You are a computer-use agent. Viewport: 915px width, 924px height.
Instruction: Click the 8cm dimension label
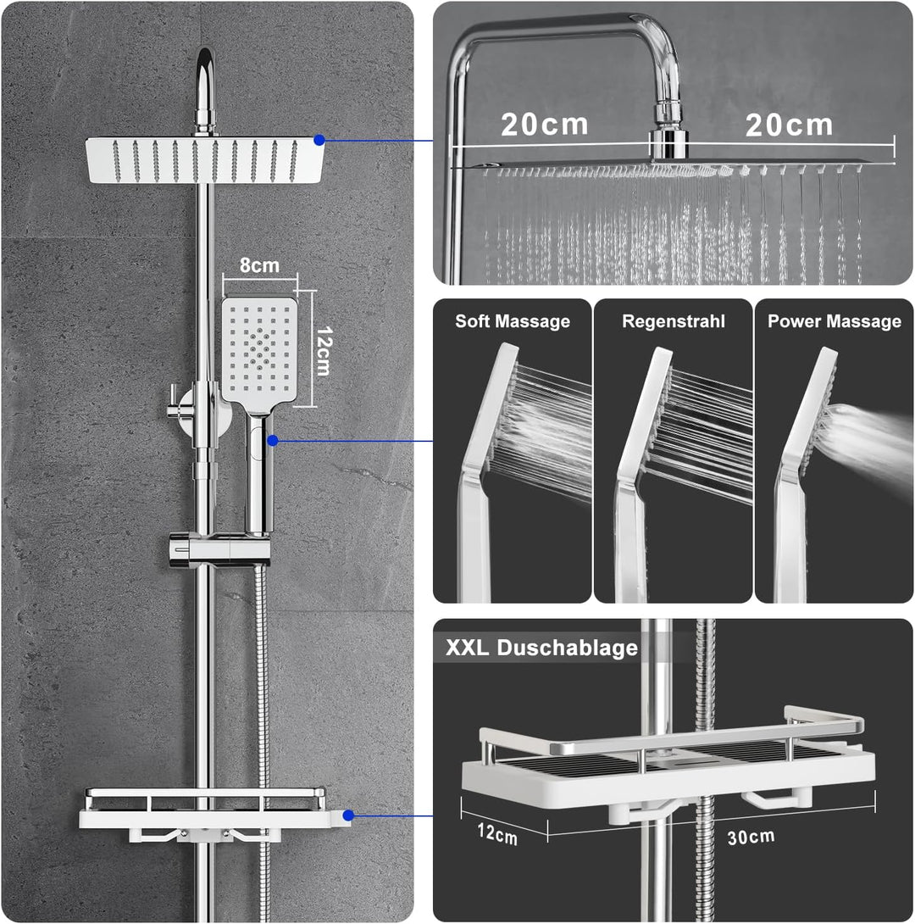point(259,265)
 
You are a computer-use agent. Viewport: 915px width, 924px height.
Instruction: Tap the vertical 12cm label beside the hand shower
point(324,351)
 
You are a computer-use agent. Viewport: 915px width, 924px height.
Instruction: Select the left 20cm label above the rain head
point(544,125)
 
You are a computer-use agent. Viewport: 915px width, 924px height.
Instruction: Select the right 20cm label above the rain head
point(789,125)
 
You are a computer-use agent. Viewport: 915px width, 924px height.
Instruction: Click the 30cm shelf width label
point(751,837)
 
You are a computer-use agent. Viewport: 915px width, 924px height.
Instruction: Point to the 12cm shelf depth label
point(497,834)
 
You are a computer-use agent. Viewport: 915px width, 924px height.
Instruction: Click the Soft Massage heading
point(513,321)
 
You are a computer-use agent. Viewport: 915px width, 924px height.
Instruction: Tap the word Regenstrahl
point(673,322)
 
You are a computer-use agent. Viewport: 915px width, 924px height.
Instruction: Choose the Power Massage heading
point(835,321)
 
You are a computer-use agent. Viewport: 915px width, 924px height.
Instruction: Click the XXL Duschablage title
point(541,647)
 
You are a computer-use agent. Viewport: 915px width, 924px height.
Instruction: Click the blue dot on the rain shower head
point(319,140)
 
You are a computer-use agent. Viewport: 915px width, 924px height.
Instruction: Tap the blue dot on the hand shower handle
point(272,440)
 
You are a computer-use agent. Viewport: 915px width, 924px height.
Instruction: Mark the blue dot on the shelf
point(348,815)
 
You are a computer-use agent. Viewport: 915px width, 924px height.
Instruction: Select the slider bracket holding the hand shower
point(219,548)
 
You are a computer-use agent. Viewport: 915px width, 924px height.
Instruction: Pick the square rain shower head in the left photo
point(204,159)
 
